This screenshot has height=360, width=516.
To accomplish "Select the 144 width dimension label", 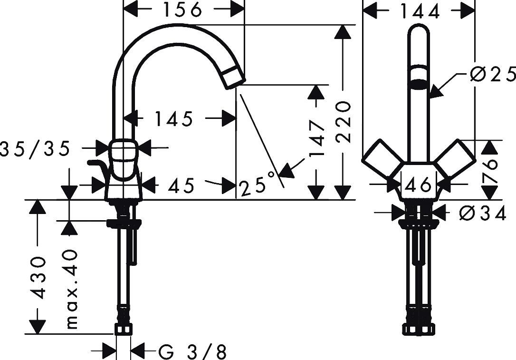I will pos(419,11).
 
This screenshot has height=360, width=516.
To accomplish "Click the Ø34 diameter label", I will pos(483,214).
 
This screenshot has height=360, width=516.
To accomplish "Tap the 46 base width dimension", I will pos(418,184).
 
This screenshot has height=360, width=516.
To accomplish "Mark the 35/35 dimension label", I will pos(35,149).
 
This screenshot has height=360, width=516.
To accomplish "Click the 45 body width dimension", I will pos(181,186).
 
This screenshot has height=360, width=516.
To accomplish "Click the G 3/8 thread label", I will pos(192,352).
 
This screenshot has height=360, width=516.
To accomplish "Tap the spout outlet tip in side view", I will pos(232,78).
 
